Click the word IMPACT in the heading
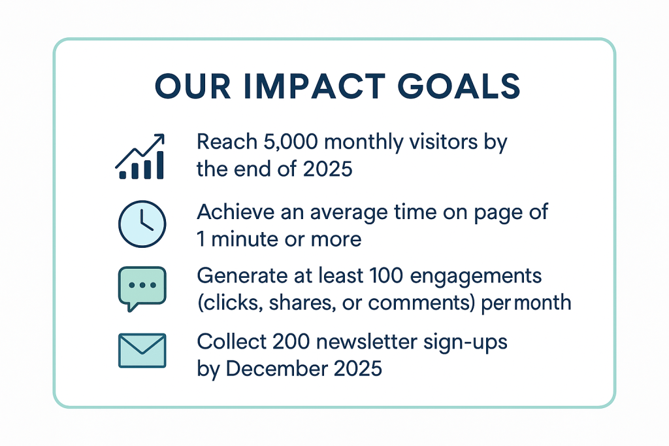point(315,86)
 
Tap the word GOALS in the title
point(459,86)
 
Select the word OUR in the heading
point(193,86)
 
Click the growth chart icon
point(140,156)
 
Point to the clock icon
point(142,224)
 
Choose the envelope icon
point(142,351)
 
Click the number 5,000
point(290,142)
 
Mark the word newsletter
point(367,342)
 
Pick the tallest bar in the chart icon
point(160,165)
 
